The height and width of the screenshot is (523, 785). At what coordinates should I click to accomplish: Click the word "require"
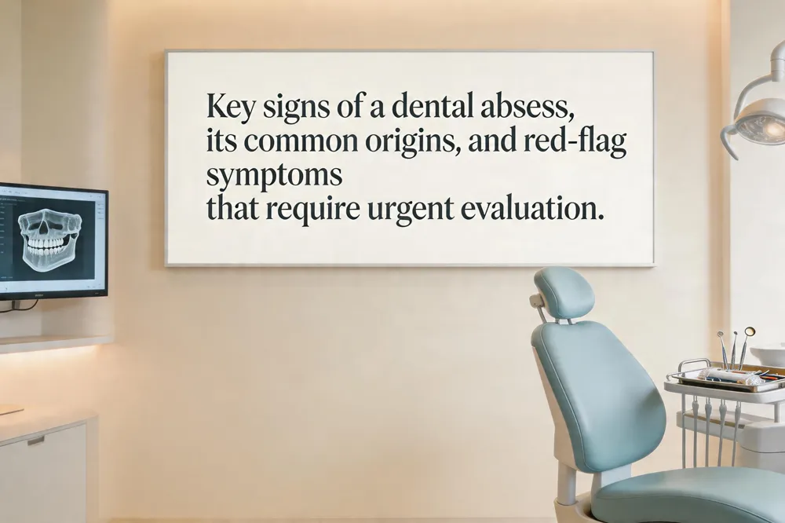pyautogui.click(x=312, y=210)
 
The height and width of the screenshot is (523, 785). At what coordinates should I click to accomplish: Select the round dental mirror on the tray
pyautogui.click(x=749, y=331)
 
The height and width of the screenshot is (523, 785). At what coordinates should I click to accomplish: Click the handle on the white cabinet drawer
pyautogui.click(x=36, y=441)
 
